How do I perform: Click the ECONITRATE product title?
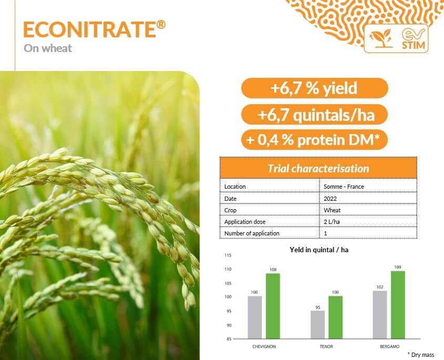[x=94, y=29]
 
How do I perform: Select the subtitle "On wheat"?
[x=48, y=48]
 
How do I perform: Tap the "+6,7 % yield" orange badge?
[x=314, y=88]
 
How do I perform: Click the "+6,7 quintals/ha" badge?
[x=314, y=115]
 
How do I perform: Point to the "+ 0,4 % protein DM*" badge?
[x=314, y=140]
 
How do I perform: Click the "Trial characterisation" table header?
[x=318, y=168]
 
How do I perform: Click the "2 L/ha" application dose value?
[x=332, y=222]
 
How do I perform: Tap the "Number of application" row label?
[x=252, y=233]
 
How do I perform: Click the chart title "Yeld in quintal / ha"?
[x=319, y=250]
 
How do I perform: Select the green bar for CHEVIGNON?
[x=273, y=306]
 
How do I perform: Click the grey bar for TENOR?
[x=318, y=325]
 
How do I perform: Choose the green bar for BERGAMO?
[x=398, y=305]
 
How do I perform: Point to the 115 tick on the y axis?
[x=228, y=255]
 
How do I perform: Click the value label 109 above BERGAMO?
[x=398, y=267]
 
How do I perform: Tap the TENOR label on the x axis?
[x=326, y=346]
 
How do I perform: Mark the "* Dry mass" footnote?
[x=421, y=355]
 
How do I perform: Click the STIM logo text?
[x=414, y=45]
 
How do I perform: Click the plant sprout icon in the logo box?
[x=381, y=38]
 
